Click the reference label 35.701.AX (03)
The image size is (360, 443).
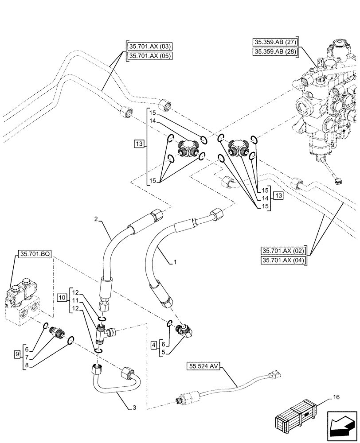(149, 47)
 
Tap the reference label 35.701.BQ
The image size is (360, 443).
(35, 254)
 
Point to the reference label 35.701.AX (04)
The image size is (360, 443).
(284, 260)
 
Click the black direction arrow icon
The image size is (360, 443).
(341, 424)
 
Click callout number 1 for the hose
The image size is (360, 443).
(176, 262)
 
